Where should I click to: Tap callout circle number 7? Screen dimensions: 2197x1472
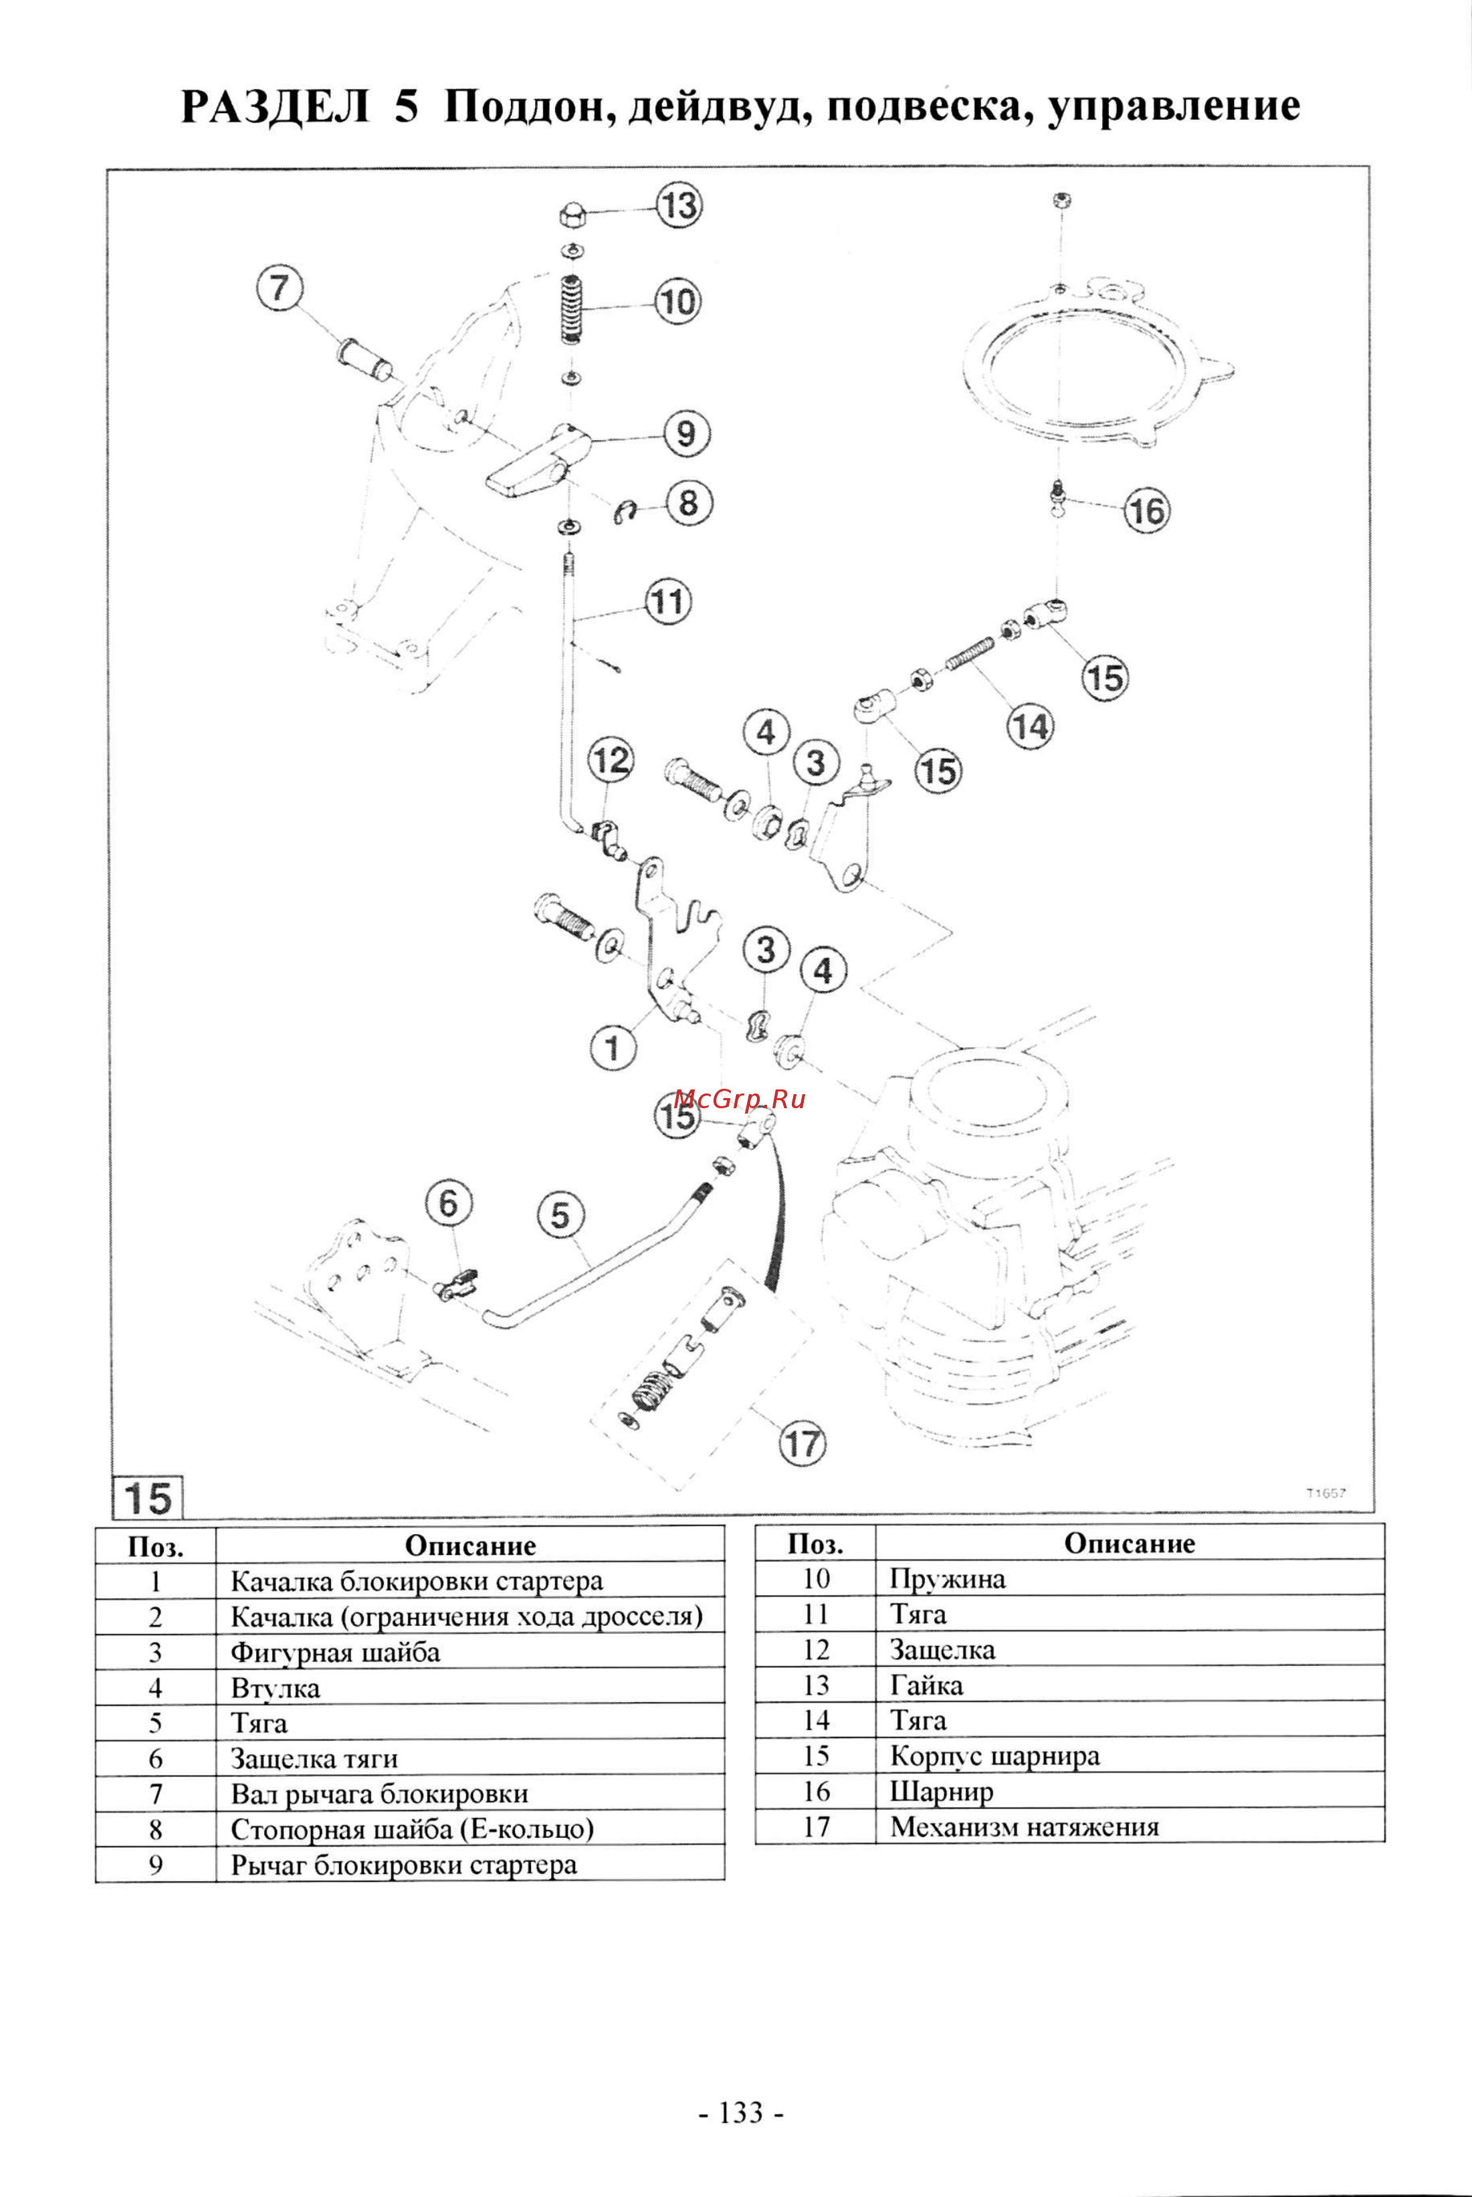pos(280,288)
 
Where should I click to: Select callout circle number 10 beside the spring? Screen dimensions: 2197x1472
pos(677,302)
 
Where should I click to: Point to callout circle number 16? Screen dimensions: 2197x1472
pos(1146,511)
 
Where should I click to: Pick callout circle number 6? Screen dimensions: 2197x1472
pos(449,1204)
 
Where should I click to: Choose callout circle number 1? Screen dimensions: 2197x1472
pos(613,1047)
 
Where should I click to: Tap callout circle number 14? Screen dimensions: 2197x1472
pos(1030,727)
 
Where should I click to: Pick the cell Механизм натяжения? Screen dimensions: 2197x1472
pos(1024,1828)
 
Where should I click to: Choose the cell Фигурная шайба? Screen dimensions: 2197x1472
pos(335,1653)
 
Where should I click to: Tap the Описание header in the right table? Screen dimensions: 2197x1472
pos(1130,1544)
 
